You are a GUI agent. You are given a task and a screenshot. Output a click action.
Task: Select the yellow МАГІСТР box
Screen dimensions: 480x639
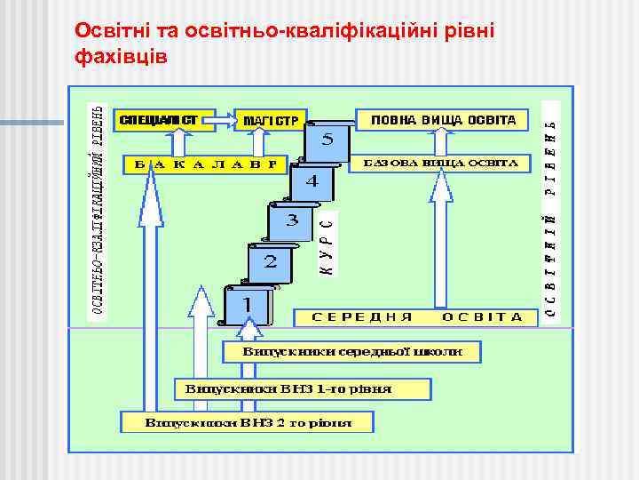pyautogui.click(x=269, y=119)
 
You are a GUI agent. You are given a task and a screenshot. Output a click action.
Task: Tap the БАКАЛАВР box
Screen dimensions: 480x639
pyautogui.click(x=203, y=164)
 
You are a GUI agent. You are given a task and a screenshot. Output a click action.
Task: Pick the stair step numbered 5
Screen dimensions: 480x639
pyautogui.click(x=327, y=140)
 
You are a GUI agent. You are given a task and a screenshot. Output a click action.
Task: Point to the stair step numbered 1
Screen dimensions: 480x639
pyautogui.click(x=248, y=305)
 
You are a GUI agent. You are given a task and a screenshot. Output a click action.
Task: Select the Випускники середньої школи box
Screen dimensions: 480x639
pyautogui.click(x=352, y=352)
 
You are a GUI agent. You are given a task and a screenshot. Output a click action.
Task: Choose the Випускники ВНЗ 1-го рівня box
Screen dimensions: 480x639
pyautogui.click(x=302, y=389)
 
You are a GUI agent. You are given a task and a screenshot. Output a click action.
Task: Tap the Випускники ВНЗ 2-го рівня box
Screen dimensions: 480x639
pyautogui.click(x=248, y=422)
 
